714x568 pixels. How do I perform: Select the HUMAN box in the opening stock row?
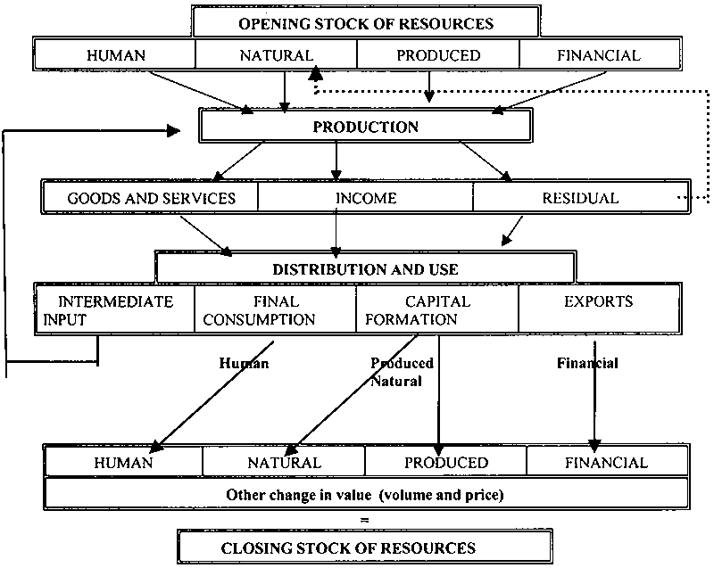(x=114, y=55)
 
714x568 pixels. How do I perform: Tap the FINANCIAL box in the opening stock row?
(x=599, y=55)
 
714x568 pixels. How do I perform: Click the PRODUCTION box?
(x=365, y=127)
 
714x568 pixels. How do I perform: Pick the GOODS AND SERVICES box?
(x=151, y=197)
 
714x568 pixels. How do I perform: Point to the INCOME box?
(x=366, y=197)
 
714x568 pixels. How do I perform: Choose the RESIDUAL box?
(x=580, y=197)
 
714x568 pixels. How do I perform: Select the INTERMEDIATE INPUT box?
(x=114, y=309)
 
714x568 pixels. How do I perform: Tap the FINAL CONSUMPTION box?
(x=275, y=309)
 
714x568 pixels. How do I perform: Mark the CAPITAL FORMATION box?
(x=436, y=309)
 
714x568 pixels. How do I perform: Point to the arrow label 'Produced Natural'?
(x=402, y=372)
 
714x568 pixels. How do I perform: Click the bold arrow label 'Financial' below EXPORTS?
(x=587, y=364)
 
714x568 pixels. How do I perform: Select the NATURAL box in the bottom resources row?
(x=284, y=463)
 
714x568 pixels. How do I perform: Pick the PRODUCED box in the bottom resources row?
(x=446, y=463)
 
